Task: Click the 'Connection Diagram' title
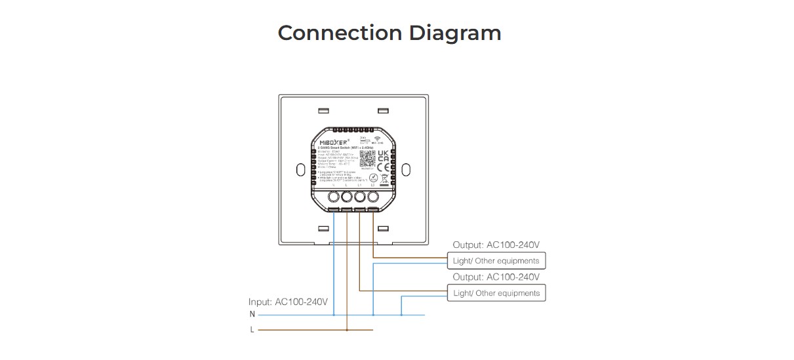pyautogui.click(x=389, y=33)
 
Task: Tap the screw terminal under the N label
pyautogui.click(x=334, y=197)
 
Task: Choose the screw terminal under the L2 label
pyautogui.click(x=373, y=197)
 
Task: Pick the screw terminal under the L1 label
pyautogui.click(x=360, y=197)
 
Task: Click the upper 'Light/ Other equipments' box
pyautogui.click(x=496, y=261)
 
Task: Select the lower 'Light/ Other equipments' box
pyautogui.click(x=496, y=293)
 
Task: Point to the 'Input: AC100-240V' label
pyautogui.click(x=288, y=302)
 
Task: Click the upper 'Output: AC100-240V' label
pyautogui.click(x=496, y=245)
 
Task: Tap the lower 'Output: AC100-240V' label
pyautogui.click(x=496, y=277)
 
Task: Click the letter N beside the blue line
pyautogui.click(x=252, y=315)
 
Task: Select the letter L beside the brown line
pyautogui.click(x=252, y=330)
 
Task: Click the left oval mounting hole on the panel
pyautogui.click(x=300, y=169)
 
